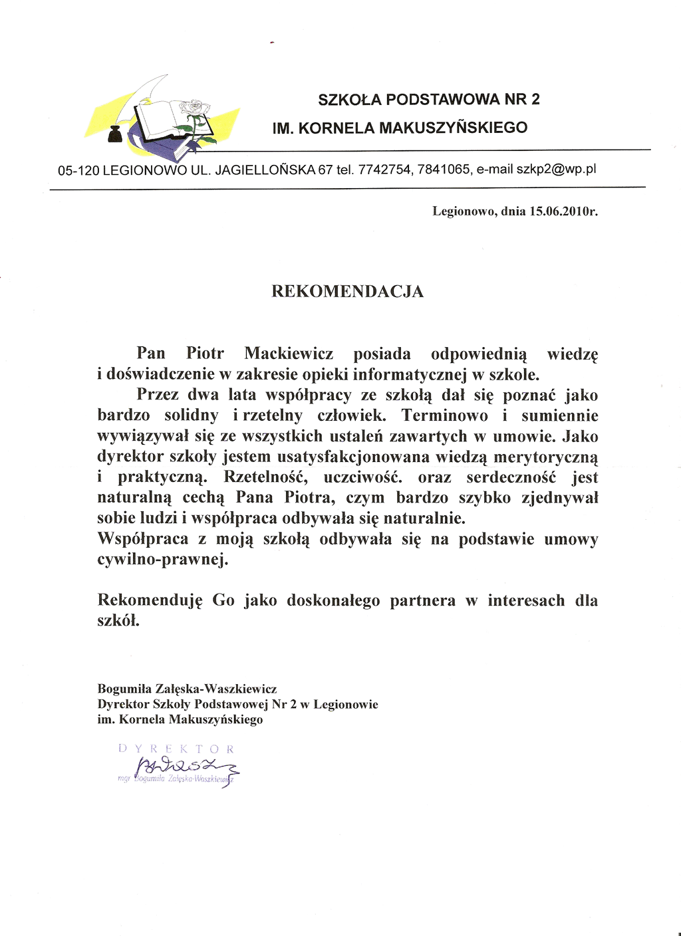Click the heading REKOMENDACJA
click(x=347, y=292)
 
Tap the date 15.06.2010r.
click(x=563, y=211)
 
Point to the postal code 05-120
click(x=78, y=170)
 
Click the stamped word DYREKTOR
click(x=176, y=749)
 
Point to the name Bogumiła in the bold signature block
click(x=124, y=689)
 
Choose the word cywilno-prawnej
click(x=163, y=560)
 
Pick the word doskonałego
click(x=333, y=601)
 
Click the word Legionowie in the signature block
click(x=346, y=705)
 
